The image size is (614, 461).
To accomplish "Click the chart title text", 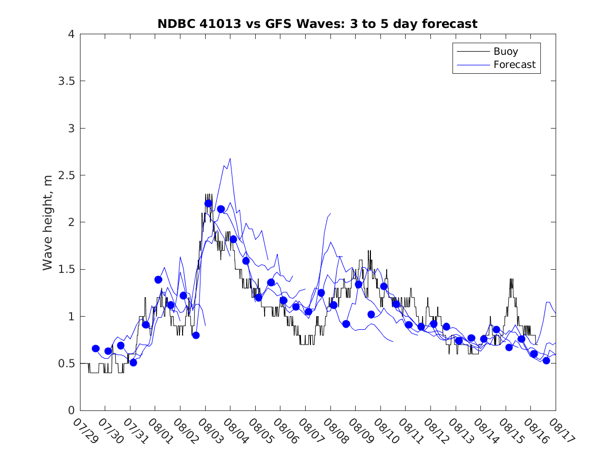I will click(x=317, y=24).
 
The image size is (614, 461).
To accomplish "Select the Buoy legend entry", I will click(x=506, y=52).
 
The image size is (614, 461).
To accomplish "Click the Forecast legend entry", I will click(x=514, y=65).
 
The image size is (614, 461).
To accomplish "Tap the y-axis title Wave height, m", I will click(x=48, y=222).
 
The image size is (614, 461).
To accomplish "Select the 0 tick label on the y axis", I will click(x=71, y=410).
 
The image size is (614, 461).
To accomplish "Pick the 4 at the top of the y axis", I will click(x=71, y=34).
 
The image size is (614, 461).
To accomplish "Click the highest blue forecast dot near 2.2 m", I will click(x=208, y=203).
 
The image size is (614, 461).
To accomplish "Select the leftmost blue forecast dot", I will click(x=96, y=348).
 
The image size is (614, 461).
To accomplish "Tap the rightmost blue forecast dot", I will click(x=546, y=360).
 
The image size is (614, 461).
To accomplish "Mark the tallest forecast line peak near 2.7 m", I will click(x=230, y=158).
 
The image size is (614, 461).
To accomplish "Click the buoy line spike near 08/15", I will click(x=511, y=279).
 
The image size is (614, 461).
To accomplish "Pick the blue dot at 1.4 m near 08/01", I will click(x=158, y=279).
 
